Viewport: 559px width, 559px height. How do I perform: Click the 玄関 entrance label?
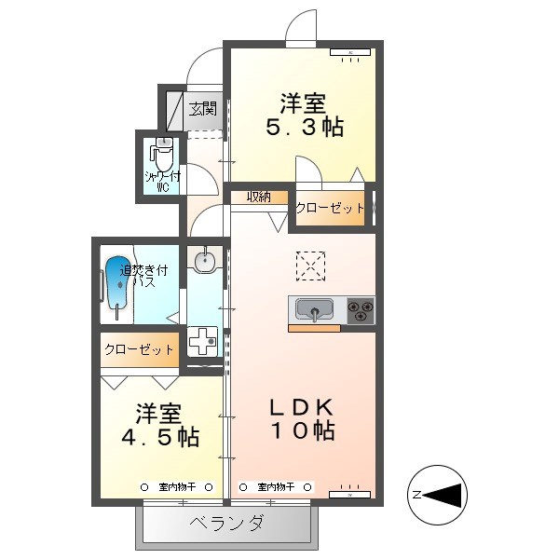pyautogui.click(x=203, y=108)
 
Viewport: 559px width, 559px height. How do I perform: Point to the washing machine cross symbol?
pyautogui.click(x=203, y=342)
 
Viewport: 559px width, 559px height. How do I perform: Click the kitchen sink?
pyautogui.click(x=316, y=310)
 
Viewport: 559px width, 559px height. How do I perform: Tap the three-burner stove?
pyautogui.click(x=361, y=310)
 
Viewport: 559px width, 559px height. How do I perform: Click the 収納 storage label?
pyautogui.click(x=259, y=197)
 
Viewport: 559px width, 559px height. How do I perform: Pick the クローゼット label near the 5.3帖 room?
pyautogui.click(x=330, y=209)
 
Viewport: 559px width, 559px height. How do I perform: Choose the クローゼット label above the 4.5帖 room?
pyautogui.click(x=139, y=350)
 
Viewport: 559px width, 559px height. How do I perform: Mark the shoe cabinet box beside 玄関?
pyautogui.click(x=177, y=109)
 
